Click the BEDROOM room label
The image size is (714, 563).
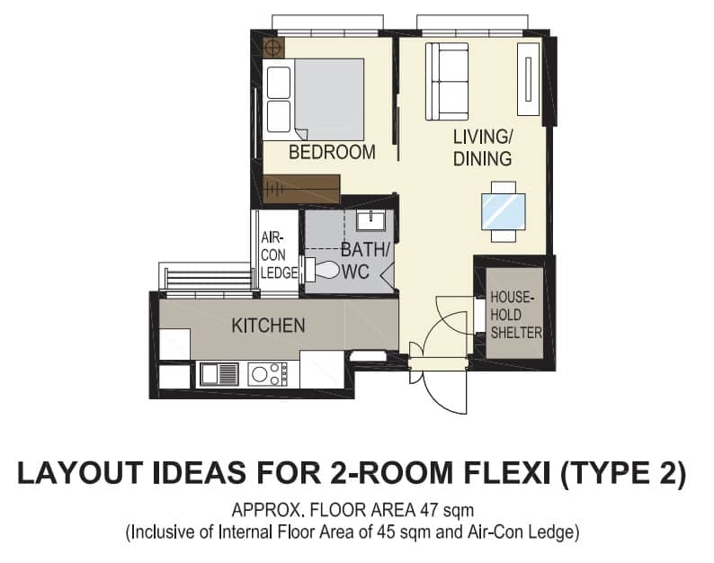tap(332, 152)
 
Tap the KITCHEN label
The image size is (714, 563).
tap(268, 326)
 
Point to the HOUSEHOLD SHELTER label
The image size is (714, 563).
tap(516, 315)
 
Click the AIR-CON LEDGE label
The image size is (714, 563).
tap(279, 255)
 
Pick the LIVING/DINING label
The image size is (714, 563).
tap(483, 147)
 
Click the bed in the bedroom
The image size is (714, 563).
tap(314, 99)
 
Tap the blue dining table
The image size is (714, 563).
tap(504, 211)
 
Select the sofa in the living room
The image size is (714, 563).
tap(447, 82)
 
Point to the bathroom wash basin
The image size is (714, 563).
tap(370, 220)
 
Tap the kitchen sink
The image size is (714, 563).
tap(219, 374)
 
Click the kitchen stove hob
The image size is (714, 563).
tap(268, 374)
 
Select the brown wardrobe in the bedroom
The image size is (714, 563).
tap(301, 189)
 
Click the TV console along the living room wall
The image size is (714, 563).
tap(528, 79)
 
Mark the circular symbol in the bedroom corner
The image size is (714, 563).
tap(273, 47)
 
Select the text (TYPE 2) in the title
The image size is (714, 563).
tap(623, 474)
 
